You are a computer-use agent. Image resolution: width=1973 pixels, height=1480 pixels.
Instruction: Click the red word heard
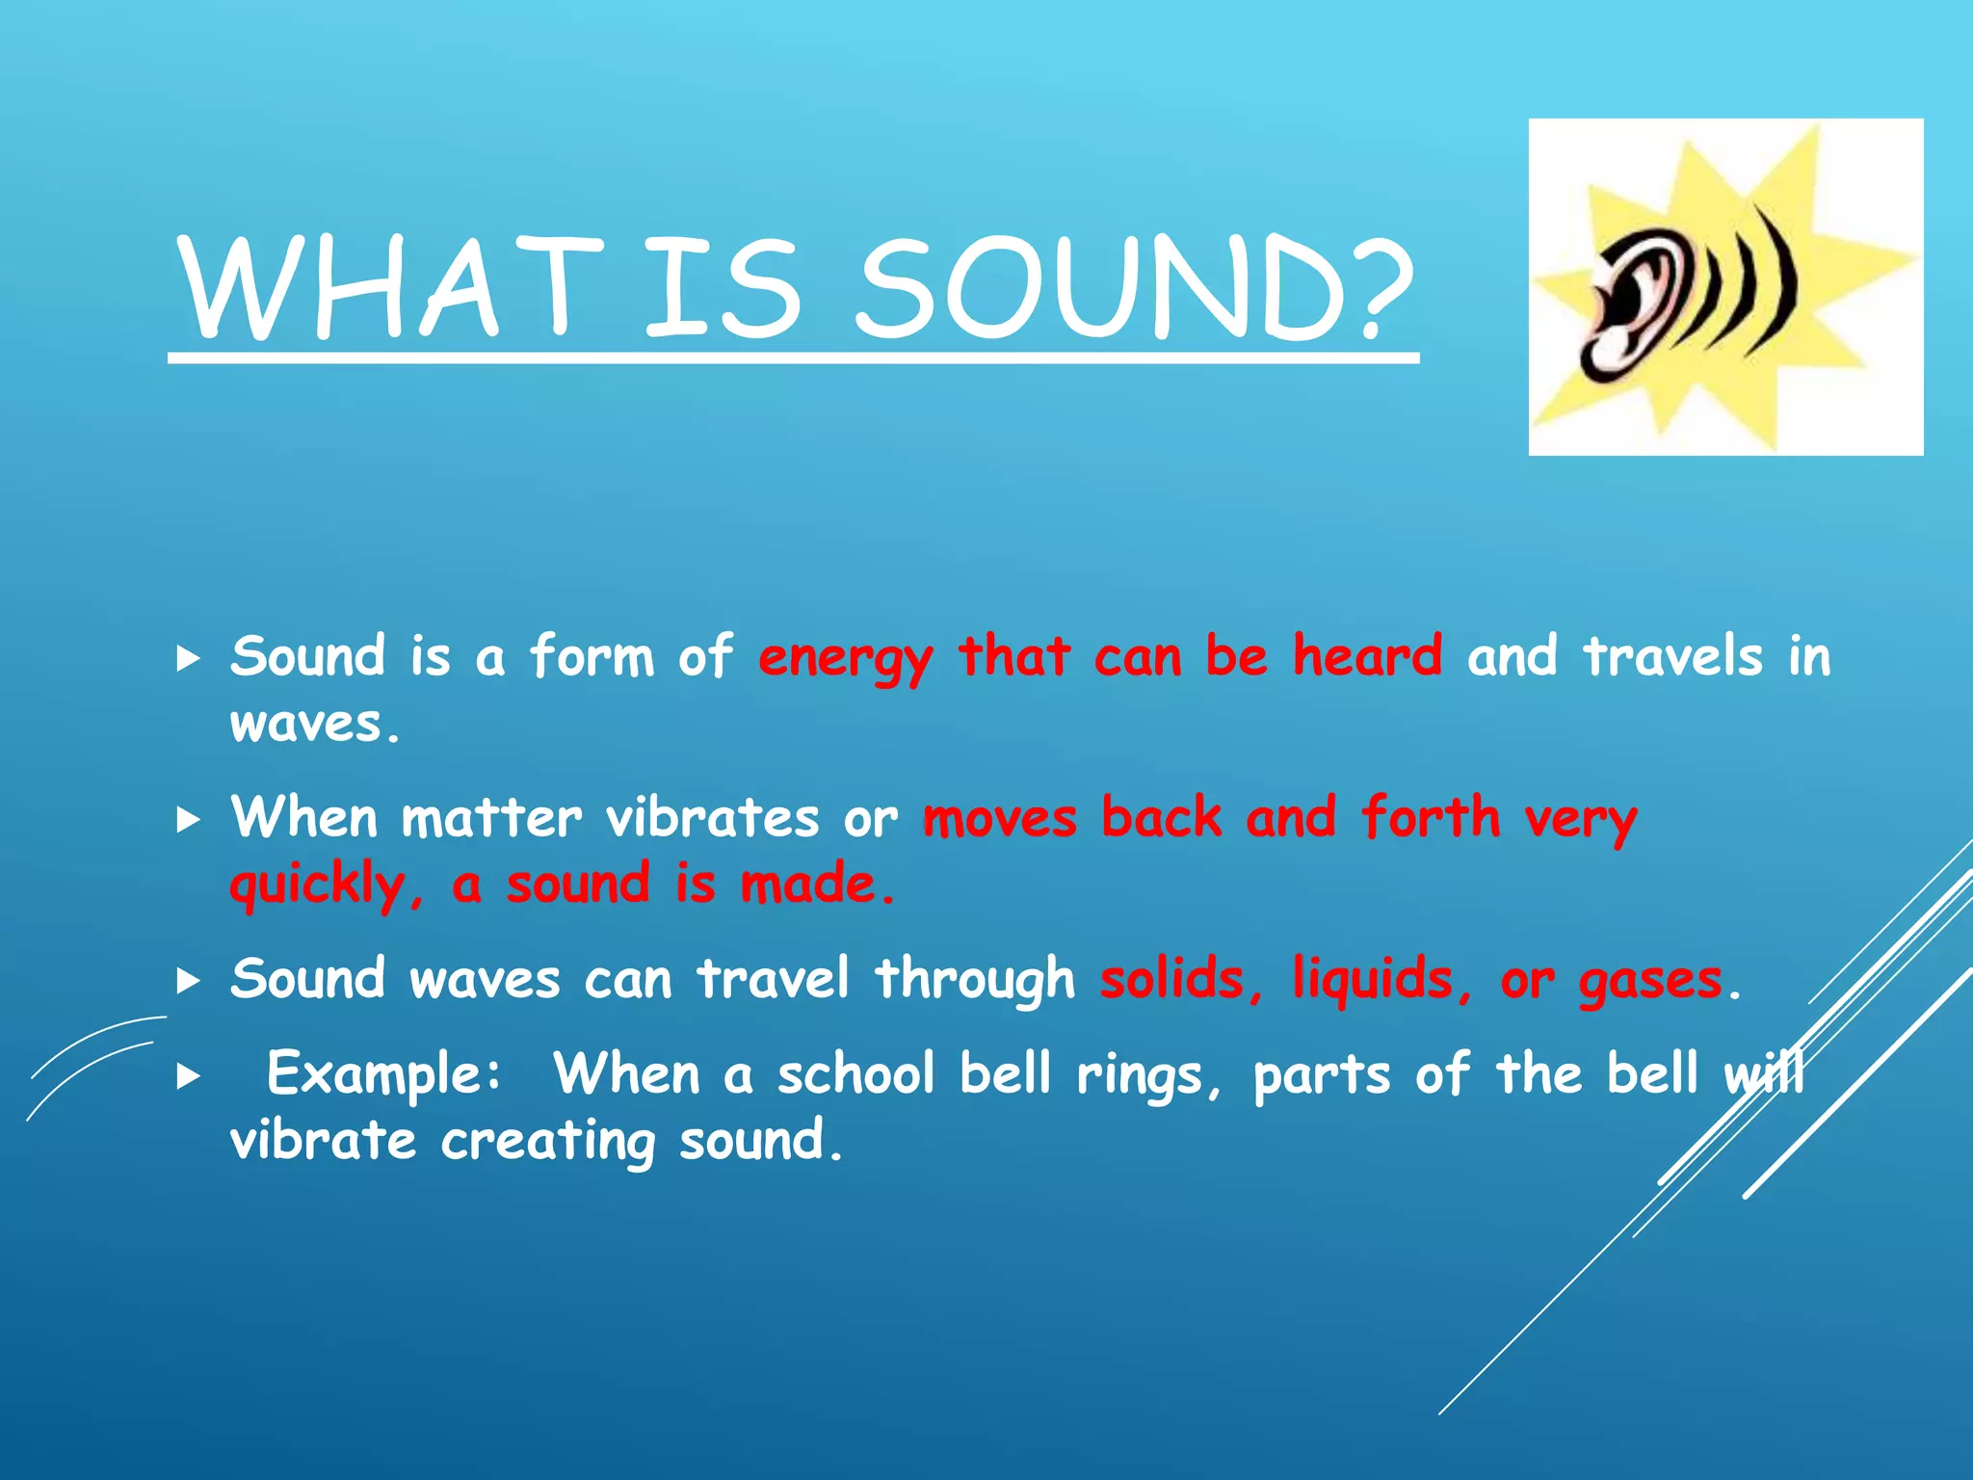click(1366, 656)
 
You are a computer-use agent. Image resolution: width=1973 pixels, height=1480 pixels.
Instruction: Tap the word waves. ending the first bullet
click(315, 725)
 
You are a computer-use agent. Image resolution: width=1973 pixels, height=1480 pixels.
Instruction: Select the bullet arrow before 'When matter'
click(189, 820)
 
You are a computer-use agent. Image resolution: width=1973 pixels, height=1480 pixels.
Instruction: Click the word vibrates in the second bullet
click(712, 818)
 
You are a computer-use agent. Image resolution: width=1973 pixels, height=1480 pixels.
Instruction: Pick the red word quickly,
click(326, 885)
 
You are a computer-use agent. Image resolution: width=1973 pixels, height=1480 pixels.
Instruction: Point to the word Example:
click(383, 1073)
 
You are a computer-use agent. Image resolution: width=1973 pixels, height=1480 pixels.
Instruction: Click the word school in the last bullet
click(855, 1073)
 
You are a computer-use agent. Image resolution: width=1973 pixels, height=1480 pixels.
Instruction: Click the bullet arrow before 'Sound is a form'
click(189, 659)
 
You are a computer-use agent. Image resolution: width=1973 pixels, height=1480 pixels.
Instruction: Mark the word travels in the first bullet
click(1672, 656)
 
